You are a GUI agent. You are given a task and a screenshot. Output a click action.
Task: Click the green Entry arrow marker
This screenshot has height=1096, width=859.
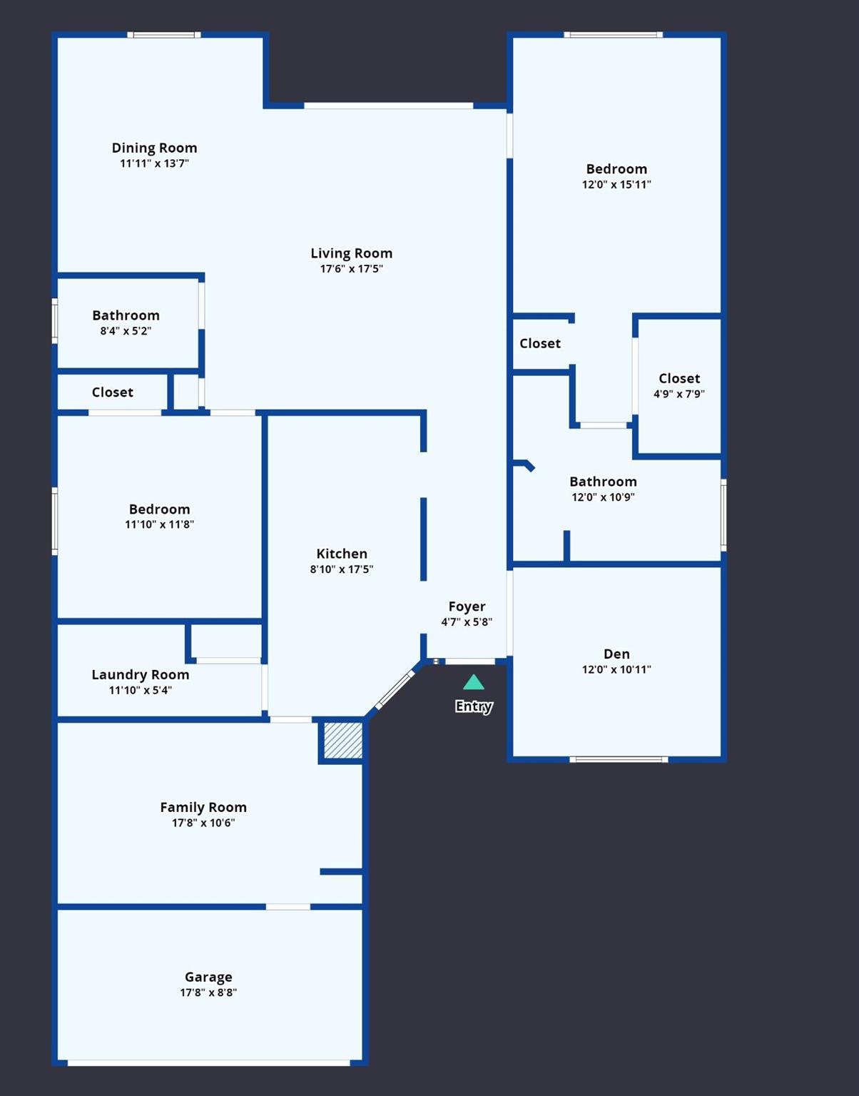474,683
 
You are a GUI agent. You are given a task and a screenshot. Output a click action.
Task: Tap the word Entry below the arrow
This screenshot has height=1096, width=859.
474,706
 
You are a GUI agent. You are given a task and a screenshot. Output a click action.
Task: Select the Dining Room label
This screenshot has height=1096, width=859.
154,148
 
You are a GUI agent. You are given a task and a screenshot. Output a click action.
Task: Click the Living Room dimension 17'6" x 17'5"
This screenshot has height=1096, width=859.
351,269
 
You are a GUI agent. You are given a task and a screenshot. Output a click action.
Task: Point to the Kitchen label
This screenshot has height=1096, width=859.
342,554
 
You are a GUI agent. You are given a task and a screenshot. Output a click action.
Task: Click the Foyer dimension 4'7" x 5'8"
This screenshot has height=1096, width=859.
467,621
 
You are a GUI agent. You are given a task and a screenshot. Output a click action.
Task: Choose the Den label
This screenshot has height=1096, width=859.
616,654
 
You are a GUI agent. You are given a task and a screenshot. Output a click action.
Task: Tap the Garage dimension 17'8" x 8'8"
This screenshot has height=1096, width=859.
208,993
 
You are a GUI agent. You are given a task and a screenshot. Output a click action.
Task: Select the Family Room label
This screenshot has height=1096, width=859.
203,807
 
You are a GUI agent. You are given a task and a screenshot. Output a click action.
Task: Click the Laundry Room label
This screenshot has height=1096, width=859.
141,674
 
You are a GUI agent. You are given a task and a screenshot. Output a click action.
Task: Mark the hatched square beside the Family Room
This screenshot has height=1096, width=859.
343,741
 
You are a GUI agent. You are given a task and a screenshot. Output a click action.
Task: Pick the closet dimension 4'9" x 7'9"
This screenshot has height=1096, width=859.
679,394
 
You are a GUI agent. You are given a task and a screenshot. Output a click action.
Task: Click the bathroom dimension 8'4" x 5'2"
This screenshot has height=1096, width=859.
126,331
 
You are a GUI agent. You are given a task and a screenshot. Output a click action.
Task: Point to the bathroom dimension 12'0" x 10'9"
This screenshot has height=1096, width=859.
603,497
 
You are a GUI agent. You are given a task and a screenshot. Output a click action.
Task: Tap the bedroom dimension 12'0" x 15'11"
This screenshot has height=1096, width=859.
616,184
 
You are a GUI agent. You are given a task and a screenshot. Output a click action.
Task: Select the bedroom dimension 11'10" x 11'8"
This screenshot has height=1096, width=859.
159,524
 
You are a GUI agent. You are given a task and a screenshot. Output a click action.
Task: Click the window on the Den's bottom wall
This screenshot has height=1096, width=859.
619,759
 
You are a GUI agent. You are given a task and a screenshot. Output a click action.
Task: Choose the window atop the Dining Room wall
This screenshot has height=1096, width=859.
164,34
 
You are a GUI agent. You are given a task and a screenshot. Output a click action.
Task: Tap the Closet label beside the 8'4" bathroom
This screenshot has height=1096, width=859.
113,392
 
